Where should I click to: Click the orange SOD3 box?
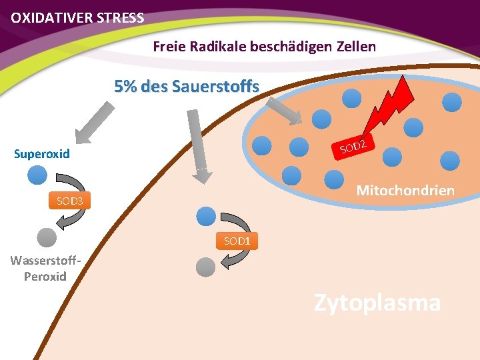tap(69, 201)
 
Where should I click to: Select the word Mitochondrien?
tap(405, 191)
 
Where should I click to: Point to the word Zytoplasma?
tap(377, 302)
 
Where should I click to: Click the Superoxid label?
tap(42, 154)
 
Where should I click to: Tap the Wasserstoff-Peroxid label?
tap(45, 268)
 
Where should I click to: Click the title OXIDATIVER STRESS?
tap(77, 18)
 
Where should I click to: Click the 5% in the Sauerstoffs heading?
tap(127, 87)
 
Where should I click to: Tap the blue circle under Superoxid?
tap(37, 175)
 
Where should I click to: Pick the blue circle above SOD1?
tap(206, 215)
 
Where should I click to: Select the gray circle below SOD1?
tap(206, 267)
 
